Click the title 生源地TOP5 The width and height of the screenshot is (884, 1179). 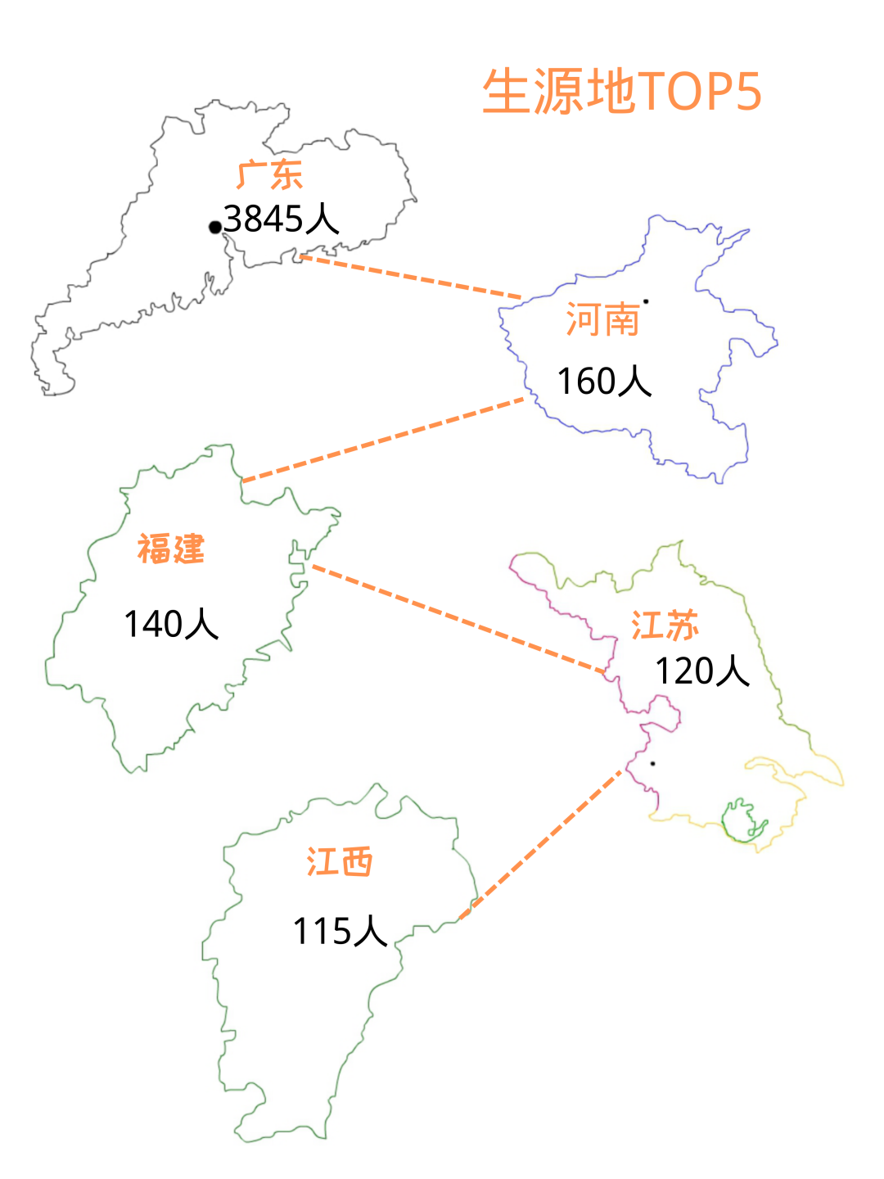[x=622, y=91]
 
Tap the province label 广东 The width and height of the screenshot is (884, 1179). [x=270, y=175]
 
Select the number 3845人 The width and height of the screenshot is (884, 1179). [x=282, y=219]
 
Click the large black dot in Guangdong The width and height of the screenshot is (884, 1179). [x=215, y=227]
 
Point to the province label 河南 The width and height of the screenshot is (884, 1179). [x=602, y=319]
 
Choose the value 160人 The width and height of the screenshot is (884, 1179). [x=604, y=382]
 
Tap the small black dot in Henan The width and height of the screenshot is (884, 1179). [x=646, y=301]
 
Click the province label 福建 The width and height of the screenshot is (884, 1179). [x=171, y=549]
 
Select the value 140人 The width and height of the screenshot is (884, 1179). [x=171, y=624]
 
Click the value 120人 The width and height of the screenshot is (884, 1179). [x=702, y=671]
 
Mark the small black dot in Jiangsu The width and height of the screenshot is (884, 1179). [x=652, y=764]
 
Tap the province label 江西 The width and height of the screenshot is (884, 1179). [x=340, y=862]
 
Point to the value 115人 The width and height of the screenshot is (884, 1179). [x=340, y=931]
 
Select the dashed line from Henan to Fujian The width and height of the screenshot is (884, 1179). [x=383, y=440]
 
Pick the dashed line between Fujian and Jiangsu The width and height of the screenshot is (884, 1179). [x=458, y=618]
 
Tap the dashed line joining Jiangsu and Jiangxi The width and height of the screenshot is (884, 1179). [x=541, y=843]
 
